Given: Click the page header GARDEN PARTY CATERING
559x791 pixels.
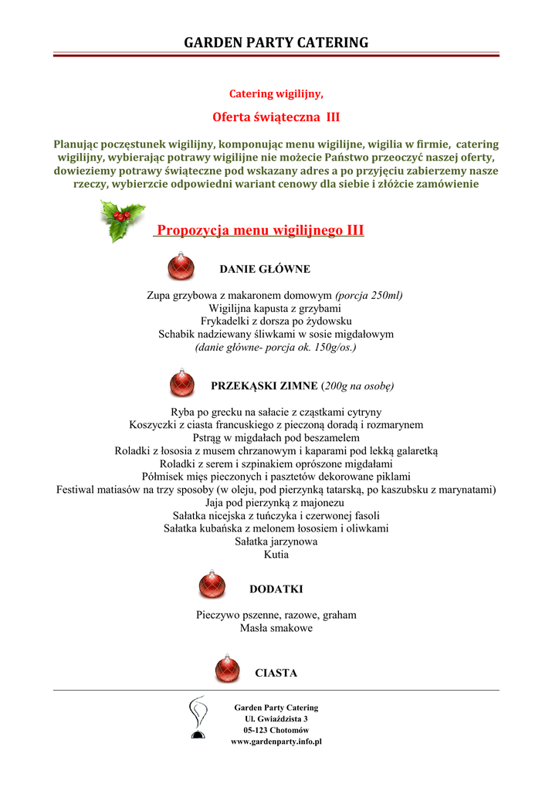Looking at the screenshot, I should tap(276, 42).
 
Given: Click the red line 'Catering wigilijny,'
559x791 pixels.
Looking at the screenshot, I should tap(276, 93).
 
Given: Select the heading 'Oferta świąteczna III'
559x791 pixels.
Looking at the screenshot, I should tap(276, 117).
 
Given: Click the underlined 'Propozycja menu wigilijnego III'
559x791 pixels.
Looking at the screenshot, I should tap(260, 230).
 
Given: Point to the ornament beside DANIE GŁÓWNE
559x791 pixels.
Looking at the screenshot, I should tap(181, 266).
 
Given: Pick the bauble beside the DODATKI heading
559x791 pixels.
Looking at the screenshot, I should tap(212, 585).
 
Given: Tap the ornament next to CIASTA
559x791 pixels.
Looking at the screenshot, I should tap(227, 669).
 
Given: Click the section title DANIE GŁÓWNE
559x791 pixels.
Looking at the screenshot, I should tap(265, 269).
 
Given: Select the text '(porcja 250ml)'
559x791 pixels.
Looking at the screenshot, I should tap(369, 295).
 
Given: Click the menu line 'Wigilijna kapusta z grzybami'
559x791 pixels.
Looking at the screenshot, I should tap(276, 307).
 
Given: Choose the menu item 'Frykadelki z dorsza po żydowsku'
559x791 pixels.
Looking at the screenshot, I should tap(276, 321).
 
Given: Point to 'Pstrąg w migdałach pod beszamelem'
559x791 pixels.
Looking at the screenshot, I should tap(276, 437).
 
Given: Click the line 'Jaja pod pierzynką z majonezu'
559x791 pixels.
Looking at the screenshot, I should tap(276, 503).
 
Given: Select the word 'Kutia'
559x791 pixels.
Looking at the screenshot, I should tap(276, 555).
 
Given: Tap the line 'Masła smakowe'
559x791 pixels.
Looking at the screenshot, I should tap(276, 629).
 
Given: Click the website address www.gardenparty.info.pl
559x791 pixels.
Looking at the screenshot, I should tap(276, 742).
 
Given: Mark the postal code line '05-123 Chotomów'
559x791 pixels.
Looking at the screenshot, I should tap(276, 730).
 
